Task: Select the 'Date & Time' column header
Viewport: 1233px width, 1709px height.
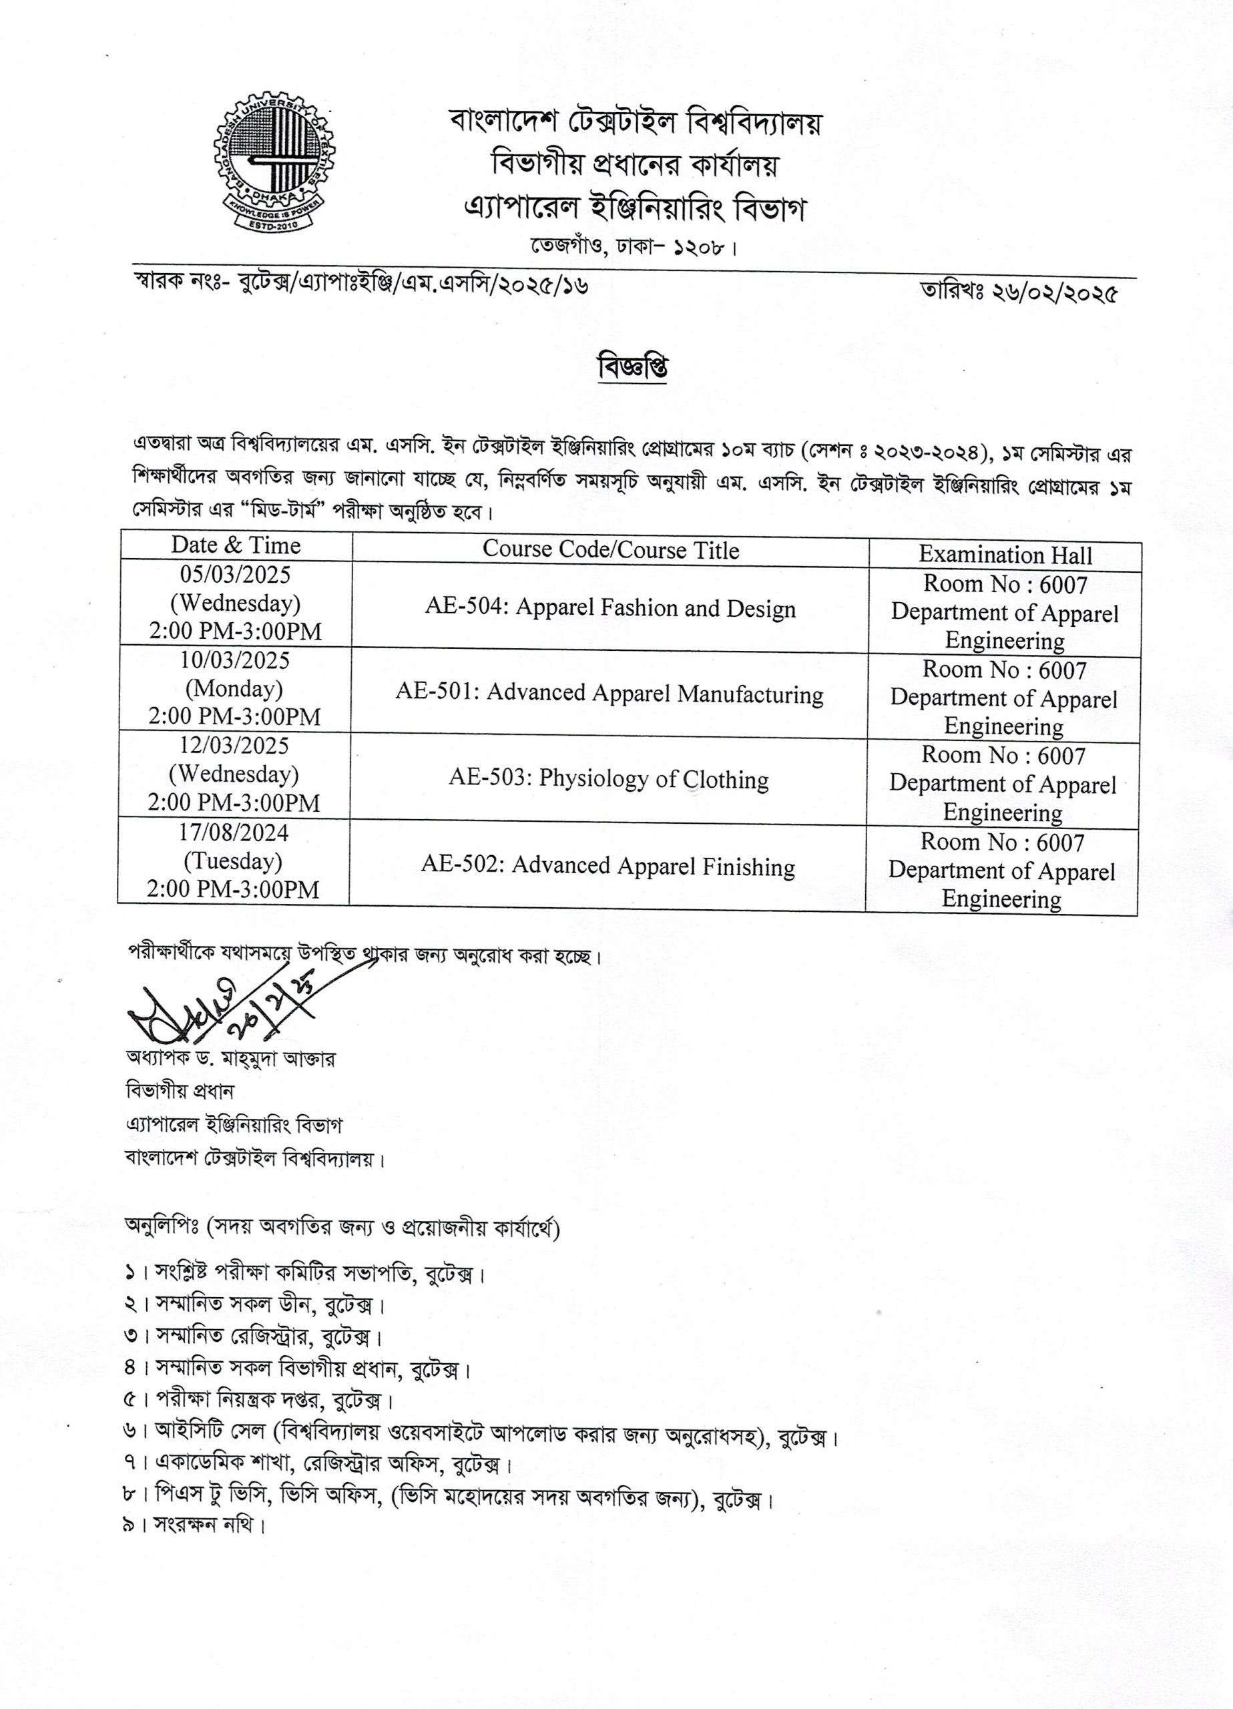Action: pyautogui.click(x=235, y=545)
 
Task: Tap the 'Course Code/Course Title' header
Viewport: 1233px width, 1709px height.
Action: pyautogui.click(x=610, y=549)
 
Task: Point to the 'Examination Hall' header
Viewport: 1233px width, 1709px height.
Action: pyautogui.click(x=1005, y=555)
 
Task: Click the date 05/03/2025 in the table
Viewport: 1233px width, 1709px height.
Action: pyautogui.click(x=235, y=575)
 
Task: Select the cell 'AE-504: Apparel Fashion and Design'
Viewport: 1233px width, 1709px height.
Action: pyautogui.click(x=610, y=609)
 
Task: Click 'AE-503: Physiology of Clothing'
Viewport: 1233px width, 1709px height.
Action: pyautogui.click(x=609, y=779)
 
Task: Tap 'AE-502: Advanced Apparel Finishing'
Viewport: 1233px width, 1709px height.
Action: pyautogui.click(x=607, y=866)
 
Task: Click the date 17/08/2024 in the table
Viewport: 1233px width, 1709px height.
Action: pyautogui.click(x=234, y=832)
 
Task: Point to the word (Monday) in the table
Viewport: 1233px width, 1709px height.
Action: pyautogui.click(x=234, y=689)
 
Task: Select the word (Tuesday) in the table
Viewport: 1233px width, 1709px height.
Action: pyautogui.click(x=233, y=861)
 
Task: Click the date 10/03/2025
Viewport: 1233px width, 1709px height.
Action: pyautogui.click(x=234, y=661)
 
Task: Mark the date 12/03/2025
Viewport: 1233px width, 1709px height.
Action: pyautogui.click(x=234, y=746)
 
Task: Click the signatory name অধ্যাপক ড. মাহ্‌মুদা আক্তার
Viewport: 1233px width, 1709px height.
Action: pyautogui.click(x=230, y=1059)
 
